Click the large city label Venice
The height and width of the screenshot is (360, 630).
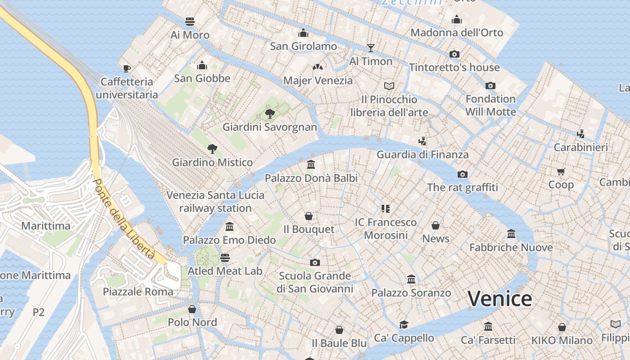pos(499,299)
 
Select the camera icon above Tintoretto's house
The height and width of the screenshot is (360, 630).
pos(454,54)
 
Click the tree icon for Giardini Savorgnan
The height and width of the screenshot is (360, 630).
pos(270,113)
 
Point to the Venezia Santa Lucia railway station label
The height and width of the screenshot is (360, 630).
pos(216,202)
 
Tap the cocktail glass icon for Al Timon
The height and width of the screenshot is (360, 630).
pos(371,48)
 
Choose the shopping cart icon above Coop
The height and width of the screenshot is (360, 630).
pos(561,171)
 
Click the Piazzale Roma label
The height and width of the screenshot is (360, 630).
pos(138,292)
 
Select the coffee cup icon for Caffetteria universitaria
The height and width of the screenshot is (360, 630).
pos(127,68)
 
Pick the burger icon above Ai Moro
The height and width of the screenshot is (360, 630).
pos(190,22)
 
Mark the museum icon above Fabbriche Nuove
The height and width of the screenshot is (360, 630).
pos(511,234)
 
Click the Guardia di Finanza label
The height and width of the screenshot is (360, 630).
pos(423,155)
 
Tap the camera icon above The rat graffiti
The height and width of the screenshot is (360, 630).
pos(462,174)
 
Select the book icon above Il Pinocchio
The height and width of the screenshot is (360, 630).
pos(389,86)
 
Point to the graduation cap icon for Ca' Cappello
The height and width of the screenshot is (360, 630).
pos(404,325)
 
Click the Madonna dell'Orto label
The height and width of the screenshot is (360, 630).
pos(457,32)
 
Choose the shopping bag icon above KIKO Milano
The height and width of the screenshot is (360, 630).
pos(562,327)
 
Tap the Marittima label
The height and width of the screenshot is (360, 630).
pos(46,226)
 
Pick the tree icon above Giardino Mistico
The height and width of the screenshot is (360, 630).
pos(212,149)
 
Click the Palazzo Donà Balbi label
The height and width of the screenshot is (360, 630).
pos(311,178)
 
